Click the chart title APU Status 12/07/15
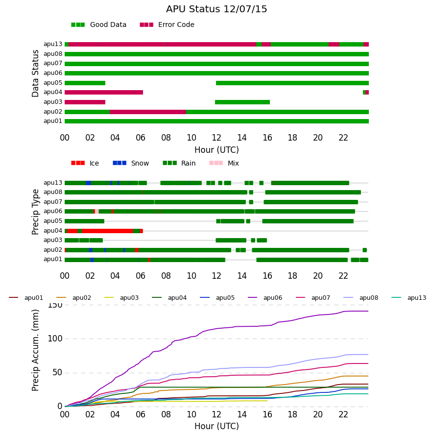(216, 9)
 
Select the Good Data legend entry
(99, 25)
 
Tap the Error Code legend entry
(167, 25)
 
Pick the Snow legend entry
(131, 163)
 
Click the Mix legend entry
(224, 163)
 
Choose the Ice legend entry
(85, 163)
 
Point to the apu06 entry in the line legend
(265, 298)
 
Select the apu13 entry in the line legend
(409, 298)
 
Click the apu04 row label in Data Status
(53, 92)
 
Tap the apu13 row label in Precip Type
(53, 183)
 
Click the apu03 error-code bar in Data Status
(85, 102)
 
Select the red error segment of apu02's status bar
(148, 112)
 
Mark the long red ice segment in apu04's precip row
(107, 231)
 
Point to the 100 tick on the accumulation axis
(55, 339)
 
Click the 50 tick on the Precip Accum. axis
(57, 373)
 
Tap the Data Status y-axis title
(35, 73)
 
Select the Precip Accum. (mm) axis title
(35, 350)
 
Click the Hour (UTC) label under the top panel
(216, 150)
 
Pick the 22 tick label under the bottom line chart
(343, 414)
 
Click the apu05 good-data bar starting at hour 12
(292, 83)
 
